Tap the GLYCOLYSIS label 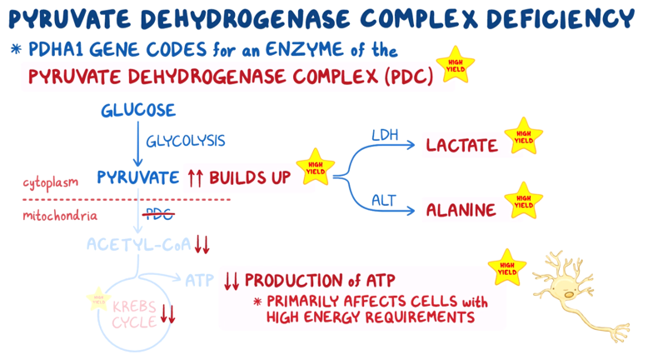point(186,141)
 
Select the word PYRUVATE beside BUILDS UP point(138,177)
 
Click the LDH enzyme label point(384,132)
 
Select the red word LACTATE point(461,145)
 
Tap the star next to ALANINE point(523,201)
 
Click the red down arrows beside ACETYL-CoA point(202,245)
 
